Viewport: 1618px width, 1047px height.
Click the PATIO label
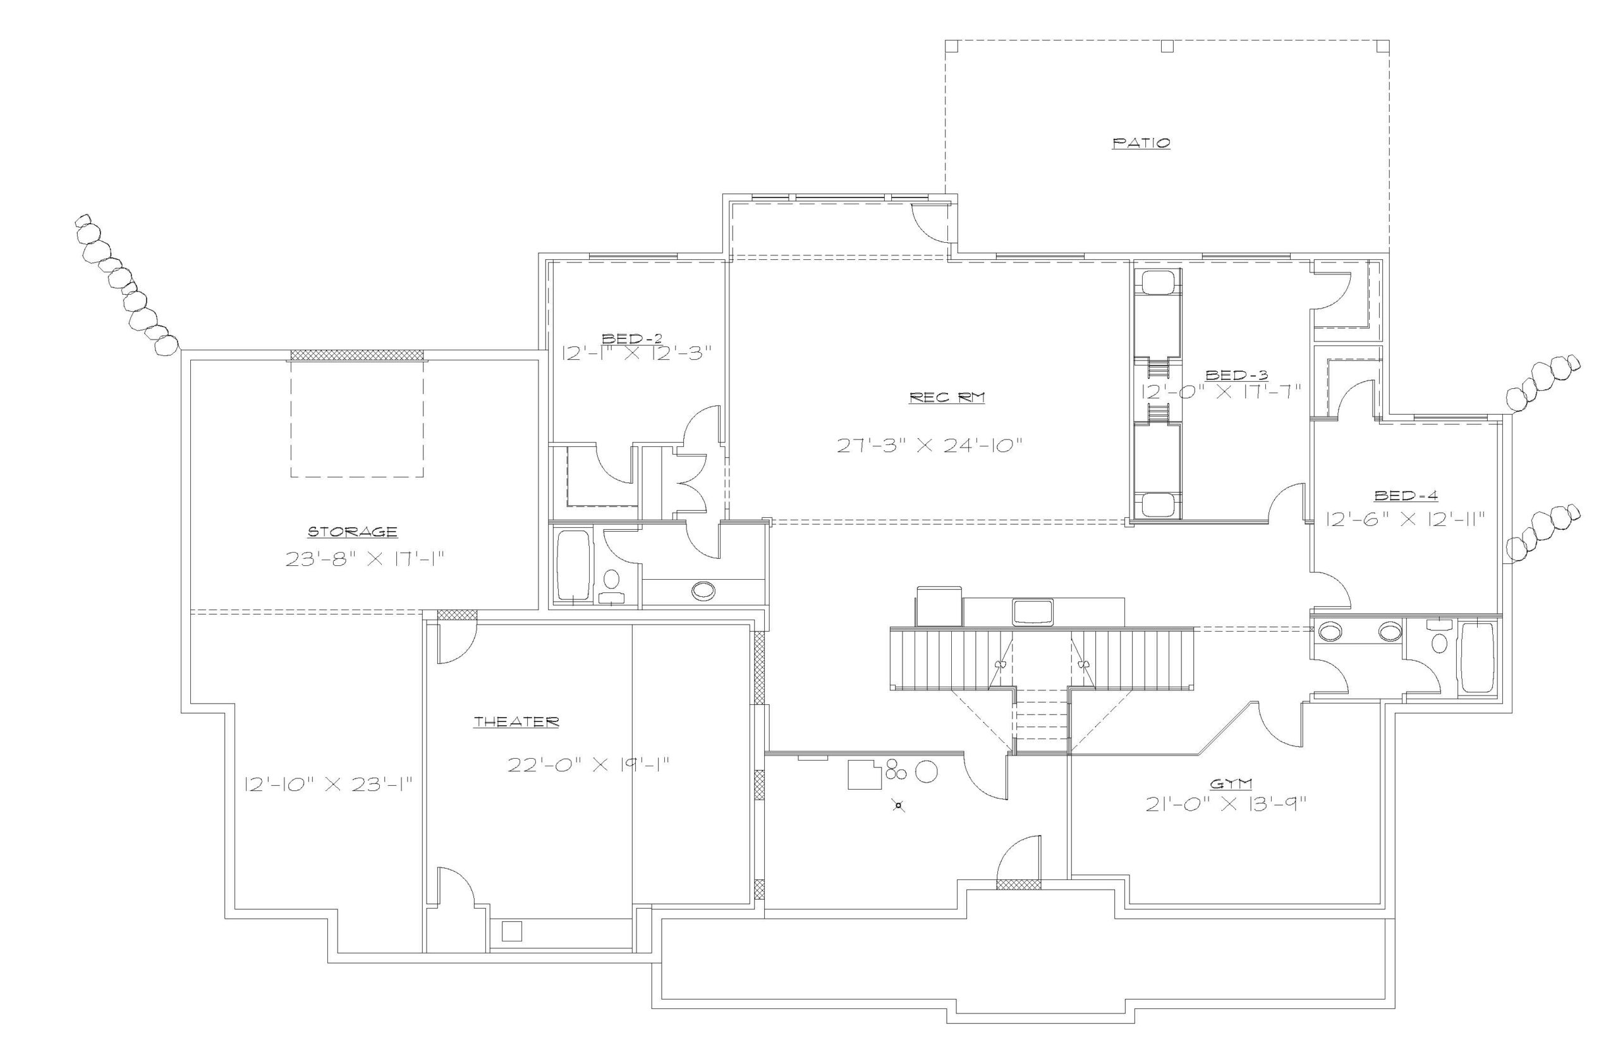click(1141, 144)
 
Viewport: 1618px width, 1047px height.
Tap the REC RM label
click(947, 398)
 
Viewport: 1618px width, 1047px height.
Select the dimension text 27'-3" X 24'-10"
click(930, 446)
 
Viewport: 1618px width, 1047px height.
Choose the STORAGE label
click(353, 532)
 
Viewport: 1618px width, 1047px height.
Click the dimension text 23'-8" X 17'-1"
click(364, 560)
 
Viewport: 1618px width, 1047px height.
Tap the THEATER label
click(516, 722)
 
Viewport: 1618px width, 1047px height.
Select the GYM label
click(1232, 783)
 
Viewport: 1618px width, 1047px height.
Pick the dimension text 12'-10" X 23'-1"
click(328, 784)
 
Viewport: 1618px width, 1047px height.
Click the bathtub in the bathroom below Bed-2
click(573, 566)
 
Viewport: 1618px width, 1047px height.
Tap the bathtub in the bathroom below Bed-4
click(1477, 658)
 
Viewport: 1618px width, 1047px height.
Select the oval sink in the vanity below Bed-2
click(703, 590)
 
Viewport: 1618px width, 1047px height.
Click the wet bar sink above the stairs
click(1032, 611)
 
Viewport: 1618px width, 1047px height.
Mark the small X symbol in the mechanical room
click(898, 806)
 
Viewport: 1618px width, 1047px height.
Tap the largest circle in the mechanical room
click(927, 771)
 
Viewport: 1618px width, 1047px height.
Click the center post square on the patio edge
click(1167, 46)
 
